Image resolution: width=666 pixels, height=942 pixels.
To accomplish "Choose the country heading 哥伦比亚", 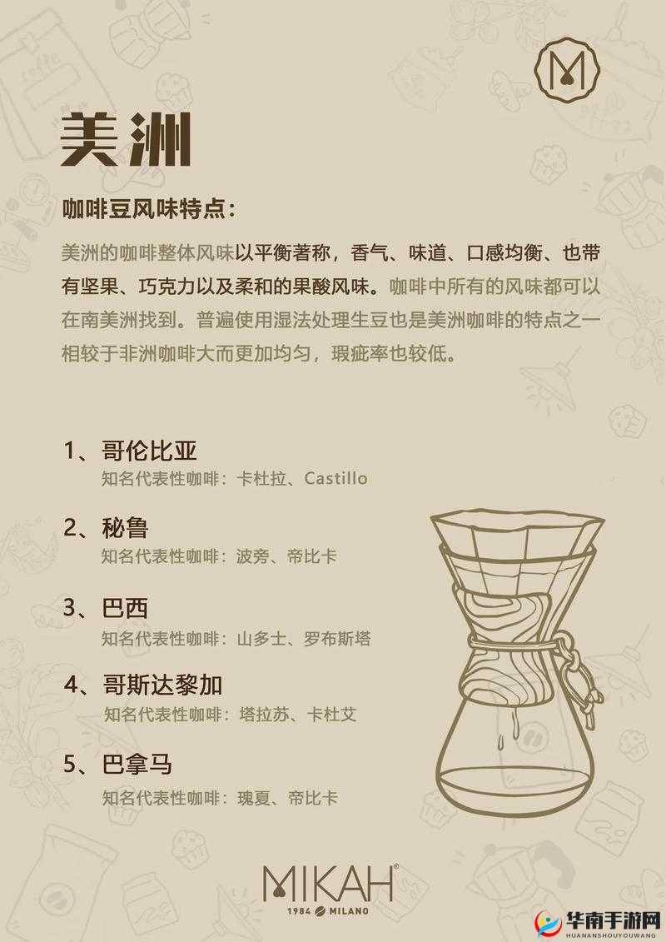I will (149, 451).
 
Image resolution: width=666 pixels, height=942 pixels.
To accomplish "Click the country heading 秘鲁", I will (125, 527).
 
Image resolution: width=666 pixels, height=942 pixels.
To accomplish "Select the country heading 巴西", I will (125, 607).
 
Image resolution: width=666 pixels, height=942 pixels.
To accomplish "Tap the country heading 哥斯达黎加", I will (162, 685).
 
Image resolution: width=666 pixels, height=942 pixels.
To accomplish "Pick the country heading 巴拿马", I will (137, 763).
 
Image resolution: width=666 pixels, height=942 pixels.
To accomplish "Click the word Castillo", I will (335, 478).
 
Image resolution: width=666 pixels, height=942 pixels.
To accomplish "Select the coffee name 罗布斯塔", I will (339, 639).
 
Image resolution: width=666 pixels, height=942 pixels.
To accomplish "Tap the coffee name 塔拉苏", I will (265, 714).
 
